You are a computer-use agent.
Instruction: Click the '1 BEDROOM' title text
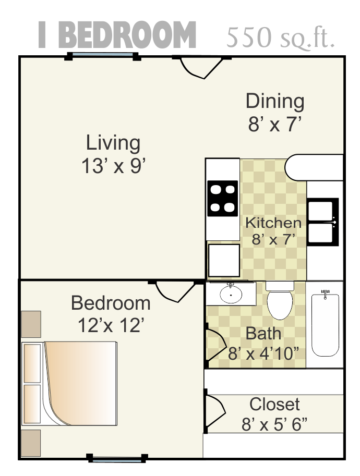tap(117, 35)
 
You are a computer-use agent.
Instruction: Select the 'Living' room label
tap(113, 142)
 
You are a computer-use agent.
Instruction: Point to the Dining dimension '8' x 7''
tap(275, 125)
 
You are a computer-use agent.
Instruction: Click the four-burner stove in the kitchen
tap(223, 198)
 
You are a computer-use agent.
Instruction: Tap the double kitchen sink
tap(323, 222)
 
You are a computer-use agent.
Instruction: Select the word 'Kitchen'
tap(273, 223)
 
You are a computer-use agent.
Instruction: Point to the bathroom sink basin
tap(231, 295)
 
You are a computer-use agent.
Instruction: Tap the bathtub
tap(325, 324)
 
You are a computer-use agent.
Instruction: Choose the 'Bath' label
tap(263, 333)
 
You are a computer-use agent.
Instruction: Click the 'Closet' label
tap(274, 404)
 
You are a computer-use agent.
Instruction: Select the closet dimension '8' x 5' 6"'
tap(274, 424)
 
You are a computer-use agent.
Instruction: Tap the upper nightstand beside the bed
tap(31, 324)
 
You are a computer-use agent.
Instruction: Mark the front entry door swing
tap(199, 68)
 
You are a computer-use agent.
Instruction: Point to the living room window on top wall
tap(103, 55)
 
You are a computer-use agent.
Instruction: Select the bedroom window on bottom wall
tap(117, 459)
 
